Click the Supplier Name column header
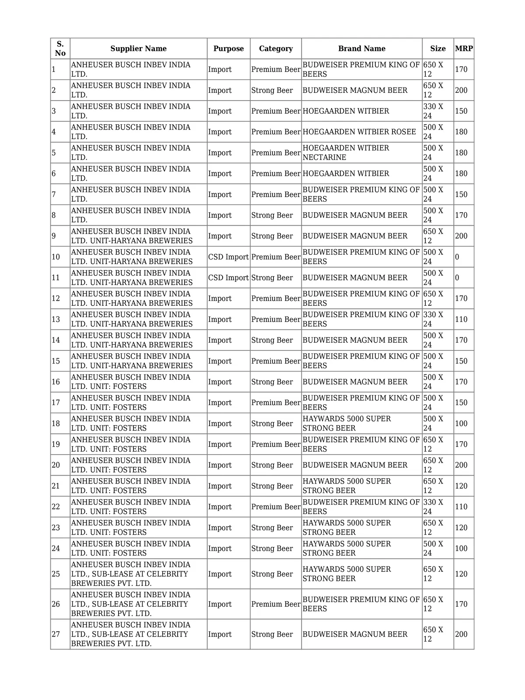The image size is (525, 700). pyautogui.click(x=138, y=49)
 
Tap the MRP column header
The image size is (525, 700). pyautogui.click(x=464, y=49)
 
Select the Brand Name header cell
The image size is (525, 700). pyautogui.click(x=361, y=49)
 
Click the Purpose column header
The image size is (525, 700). pyautogui.click(x=228, y=49)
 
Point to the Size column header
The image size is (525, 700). pyautogui.click(x=437, y=49)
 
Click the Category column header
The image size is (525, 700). pyautogui.click(x=276, y=49)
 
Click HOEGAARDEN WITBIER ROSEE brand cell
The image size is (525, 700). pyautogui.click(x=359, y=132)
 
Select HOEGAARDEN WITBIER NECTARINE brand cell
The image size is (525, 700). pyautogui.click(x=346, y=153)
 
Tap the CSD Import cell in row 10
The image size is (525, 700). pyautogui.click(x=228, y=257)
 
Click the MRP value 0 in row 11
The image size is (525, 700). pyautogui.click(x=457, y=278)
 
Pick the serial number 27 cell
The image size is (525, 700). pyautogui.click(x=56, y=634)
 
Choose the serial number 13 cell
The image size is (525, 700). pyautogui.click(x=56, y=319)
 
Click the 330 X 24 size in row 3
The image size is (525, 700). pyautogui.click(x=433, y=111)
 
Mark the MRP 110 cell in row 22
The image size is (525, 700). pyautogui.click(x=461, y=507)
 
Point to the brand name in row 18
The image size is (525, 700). pyautogui.click(x=346, y=423)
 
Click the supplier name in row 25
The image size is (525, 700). pyautogui.click(x=130, y=574)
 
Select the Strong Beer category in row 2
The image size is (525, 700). pyautogui.click(x=272, y=90)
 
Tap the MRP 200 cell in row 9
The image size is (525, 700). pyautogui.click(x=461, y=236)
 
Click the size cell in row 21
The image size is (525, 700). pyautogui.click(x=433, y=486)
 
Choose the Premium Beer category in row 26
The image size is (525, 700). pyautogui.click(x=276, y=604)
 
